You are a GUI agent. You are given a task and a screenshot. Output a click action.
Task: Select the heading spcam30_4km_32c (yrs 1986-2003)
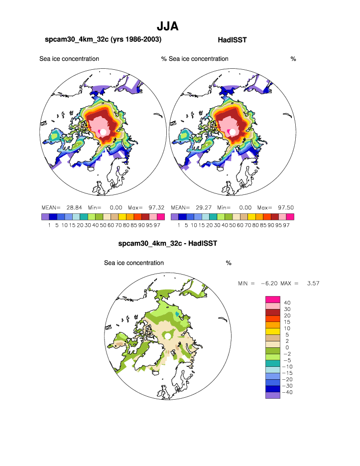tap(103, 39)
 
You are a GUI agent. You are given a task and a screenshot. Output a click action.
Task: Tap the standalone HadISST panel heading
tap(233, 39)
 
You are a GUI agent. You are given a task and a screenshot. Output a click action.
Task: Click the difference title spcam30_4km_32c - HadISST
tap(167, 244)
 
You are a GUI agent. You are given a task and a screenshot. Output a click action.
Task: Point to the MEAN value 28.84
tap(74, 207)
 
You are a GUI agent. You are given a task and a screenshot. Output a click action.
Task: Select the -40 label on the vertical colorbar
tap(287, 392)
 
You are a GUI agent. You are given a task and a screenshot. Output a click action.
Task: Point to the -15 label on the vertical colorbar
tap(287, 373)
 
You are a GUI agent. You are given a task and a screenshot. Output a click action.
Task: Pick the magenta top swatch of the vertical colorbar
tap(272, 299)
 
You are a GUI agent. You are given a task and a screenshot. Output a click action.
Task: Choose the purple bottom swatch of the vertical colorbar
tap(272, 395)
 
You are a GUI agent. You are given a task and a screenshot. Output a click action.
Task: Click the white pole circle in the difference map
tap(169, 336)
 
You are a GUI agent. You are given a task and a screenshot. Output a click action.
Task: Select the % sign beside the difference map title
tap(229, 263)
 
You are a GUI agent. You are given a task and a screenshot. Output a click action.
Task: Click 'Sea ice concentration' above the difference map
tap(133, 263)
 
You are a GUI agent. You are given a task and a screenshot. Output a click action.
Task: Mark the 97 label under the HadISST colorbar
tap(286, 225)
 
